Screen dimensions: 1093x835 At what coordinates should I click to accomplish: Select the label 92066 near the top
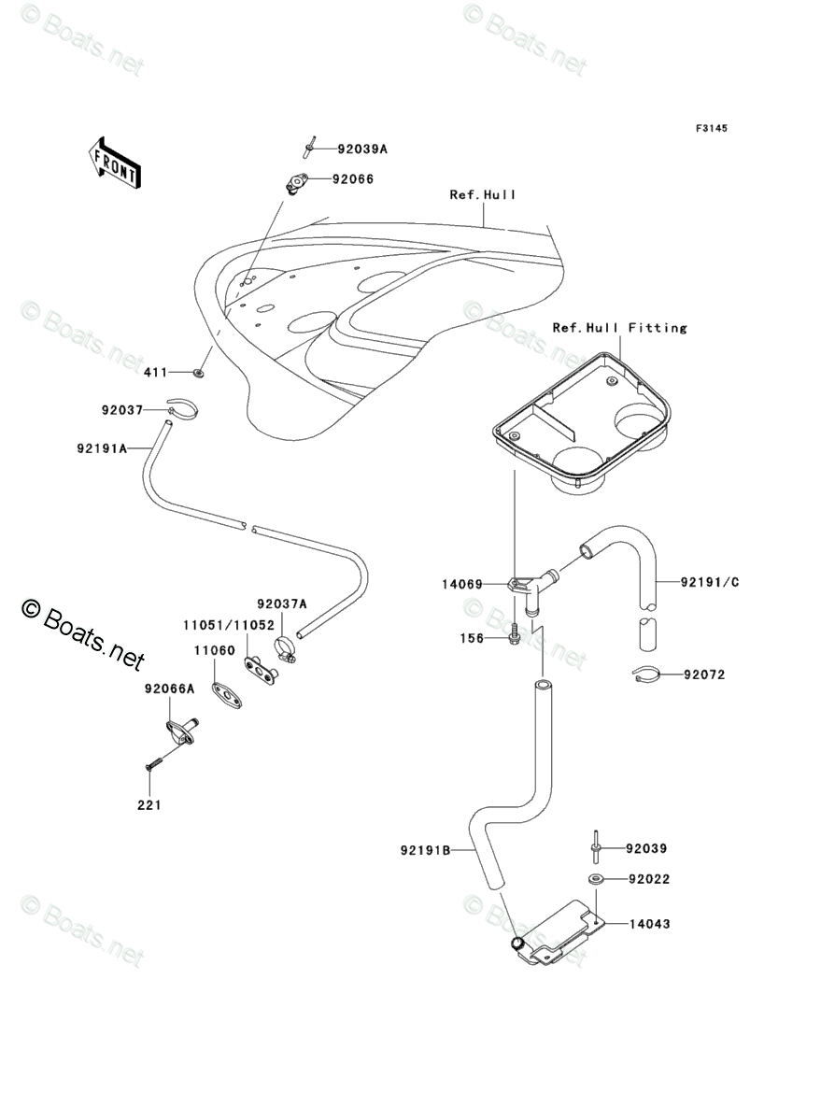click(356, 178)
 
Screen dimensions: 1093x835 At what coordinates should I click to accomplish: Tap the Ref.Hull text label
click(482, 195)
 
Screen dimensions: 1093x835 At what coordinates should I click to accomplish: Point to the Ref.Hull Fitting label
click(619, 328)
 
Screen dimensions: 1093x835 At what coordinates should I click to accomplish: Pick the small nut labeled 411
click(199, 373)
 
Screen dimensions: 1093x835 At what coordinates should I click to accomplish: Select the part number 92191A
click(102, 448)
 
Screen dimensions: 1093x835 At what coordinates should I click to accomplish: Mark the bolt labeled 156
click(515, 637)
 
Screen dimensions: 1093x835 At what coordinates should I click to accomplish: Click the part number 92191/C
click(709, 582)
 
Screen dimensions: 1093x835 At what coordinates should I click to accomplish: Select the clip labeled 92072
click(647, 674)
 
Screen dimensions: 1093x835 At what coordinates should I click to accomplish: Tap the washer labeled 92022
click(594, 879)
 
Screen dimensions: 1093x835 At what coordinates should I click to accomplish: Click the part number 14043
click(648, 924)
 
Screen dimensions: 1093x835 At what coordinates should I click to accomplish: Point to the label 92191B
click(425, 850)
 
